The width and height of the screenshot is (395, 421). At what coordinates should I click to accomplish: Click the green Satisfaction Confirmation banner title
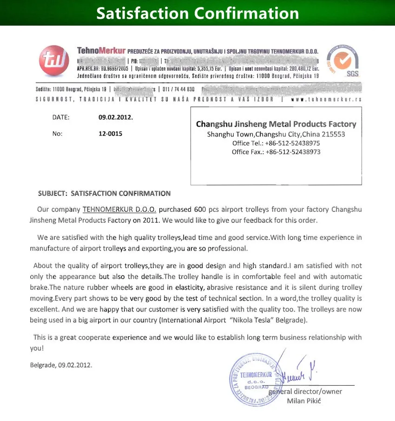click(x=197, y=13)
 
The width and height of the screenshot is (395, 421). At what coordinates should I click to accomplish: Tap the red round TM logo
click(x=54, y=61)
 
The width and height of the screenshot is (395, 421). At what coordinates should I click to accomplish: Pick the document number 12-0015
click(x=111, y=134)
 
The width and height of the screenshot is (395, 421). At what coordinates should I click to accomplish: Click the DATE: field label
click(x=61, y=117)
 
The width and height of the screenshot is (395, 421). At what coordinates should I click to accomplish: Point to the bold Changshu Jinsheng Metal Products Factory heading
click(x=276, y=124)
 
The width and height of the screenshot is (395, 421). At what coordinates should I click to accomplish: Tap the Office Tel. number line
click(x=276, y=143)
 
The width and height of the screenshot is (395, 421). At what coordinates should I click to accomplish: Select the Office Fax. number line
click(x=276, y=152)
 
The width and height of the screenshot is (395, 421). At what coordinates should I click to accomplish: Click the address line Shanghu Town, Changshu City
click(x=276, y=134)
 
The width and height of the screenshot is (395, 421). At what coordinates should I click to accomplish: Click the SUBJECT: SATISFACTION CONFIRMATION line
click(x=105, y=193)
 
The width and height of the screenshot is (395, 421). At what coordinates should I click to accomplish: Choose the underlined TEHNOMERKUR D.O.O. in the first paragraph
click(x=119, y=210)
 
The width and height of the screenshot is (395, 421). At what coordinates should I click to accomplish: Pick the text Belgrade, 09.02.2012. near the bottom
click(x=61, y=365)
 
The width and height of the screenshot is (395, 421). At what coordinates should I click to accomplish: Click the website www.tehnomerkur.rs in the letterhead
click(x=326, y=99)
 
